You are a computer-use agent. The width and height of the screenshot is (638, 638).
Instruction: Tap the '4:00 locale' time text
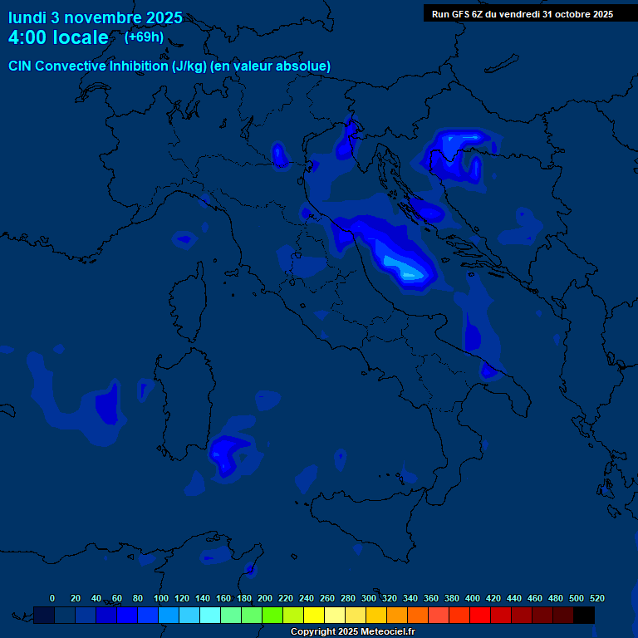click(x=58, y=37)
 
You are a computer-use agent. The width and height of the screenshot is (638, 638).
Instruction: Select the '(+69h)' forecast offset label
click(x=144, y=37)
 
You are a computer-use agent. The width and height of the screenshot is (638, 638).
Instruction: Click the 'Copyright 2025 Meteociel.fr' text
click(x=353, y=632)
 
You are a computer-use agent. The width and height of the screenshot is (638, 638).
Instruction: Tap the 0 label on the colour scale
click(x=52, y=598)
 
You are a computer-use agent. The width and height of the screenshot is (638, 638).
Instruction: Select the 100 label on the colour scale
click(x=160, y=598)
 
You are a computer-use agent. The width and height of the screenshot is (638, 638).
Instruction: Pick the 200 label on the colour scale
click(x=265, y=598)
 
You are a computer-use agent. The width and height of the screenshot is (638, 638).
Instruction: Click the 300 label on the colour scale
click(x=369, y=598)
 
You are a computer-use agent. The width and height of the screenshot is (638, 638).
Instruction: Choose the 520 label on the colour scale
click(x=596, y=598)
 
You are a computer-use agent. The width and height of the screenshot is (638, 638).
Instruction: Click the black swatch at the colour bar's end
click(x=584, y=615)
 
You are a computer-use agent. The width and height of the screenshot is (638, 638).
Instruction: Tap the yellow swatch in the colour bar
click(x=314, y=615)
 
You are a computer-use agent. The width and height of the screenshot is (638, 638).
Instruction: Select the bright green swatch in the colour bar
click(x=272, y=615)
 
